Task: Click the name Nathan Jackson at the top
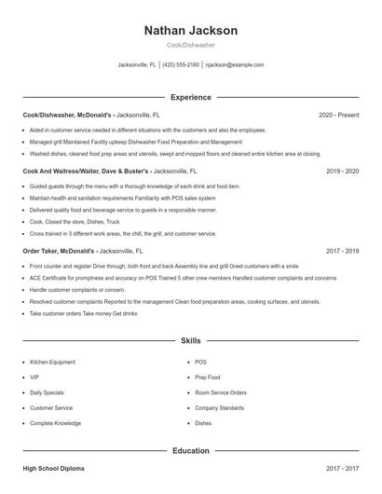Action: coord(190,30)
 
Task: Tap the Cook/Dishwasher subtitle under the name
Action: coord(190,46)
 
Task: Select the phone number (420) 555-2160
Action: coord(182,65)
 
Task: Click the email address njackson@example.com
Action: coord(235,65)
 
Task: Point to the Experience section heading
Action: coord(190,97)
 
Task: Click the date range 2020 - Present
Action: coord(338,115)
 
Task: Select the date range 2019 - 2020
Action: coord(343,172)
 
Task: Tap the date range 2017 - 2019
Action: coord(343,251)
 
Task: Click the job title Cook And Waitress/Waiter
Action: coord(61,172)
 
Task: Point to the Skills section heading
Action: coord(190,341)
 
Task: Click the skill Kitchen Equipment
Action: coord(52,361)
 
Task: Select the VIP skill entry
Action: coord(34,377)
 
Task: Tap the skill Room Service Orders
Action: coord(221,392)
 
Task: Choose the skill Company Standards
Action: coord(220,407)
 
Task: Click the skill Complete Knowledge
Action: coord(55,423)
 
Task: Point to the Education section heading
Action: coord(190,451)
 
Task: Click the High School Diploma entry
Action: coord(55,469)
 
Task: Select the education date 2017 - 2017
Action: coord(343,469)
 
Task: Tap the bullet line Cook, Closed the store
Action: coord(75,222)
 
